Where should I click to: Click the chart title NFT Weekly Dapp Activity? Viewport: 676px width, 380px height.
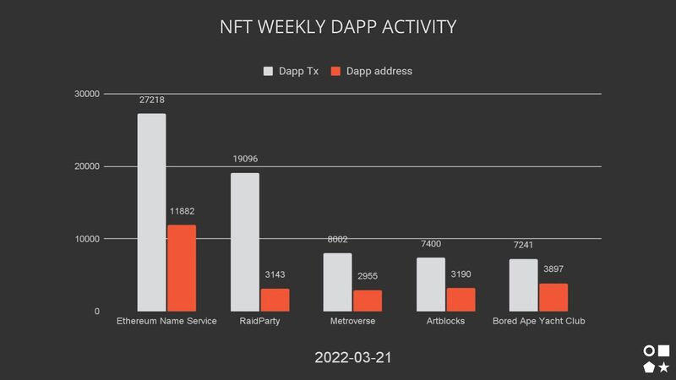coord(338,27)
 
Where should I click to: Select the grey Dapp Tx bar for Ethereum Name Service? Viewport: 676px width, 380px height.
coord(152,212)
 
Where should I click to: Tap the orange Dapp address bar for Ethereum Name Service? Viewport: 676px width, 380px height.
coord(181,268)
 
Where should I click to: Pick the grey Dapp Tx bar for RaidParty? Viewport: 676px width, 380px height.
coord(245,242)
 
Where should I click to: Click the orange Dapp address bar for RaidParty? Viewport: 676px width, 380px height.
coord(274,300)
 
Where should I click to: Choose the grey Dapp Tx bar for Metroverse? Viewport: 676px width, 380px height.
coord(338,282)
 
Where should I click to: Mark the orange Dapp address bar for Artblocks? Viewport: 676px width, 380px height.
coord(461,299)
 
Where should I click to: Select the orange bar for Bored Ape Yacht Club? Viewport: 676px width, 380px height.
coord(553,297)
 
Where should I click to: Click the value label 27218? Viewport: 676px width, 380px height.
coord(152,100)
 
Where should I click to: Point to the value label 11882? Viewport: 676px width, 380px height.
coord(181,211)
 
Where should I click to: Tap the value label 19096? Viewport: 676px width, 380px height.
coord(245,159)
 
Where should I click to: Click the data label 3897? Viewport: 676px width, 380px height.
coord(553,269)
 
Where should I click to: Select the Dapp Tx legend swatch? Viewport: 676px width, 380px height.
coord(270,71)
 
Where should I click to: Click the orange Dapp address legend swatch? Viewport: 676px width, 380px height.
coord(335,71)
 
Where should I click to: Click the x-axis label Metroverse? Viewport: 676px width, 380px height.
coord(352,322)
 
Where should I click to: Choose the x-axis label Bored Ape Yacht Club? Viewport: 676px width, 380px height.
coord(539,322)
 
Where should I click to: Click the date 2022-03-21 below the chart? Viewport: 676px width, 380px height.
coord(353,358)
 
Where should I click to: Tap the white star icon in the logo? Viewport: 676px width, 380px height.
coord(664,366)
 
